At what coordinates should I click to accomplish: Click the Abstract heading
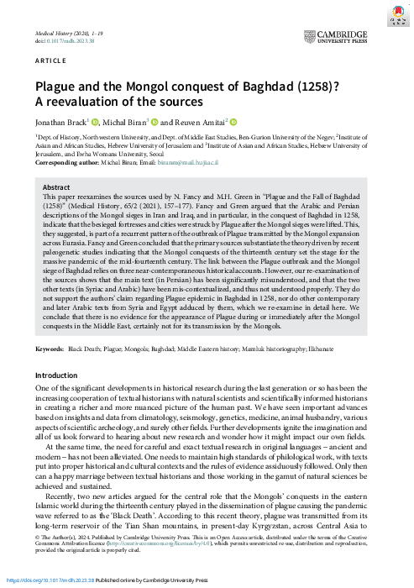point(56,187)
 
